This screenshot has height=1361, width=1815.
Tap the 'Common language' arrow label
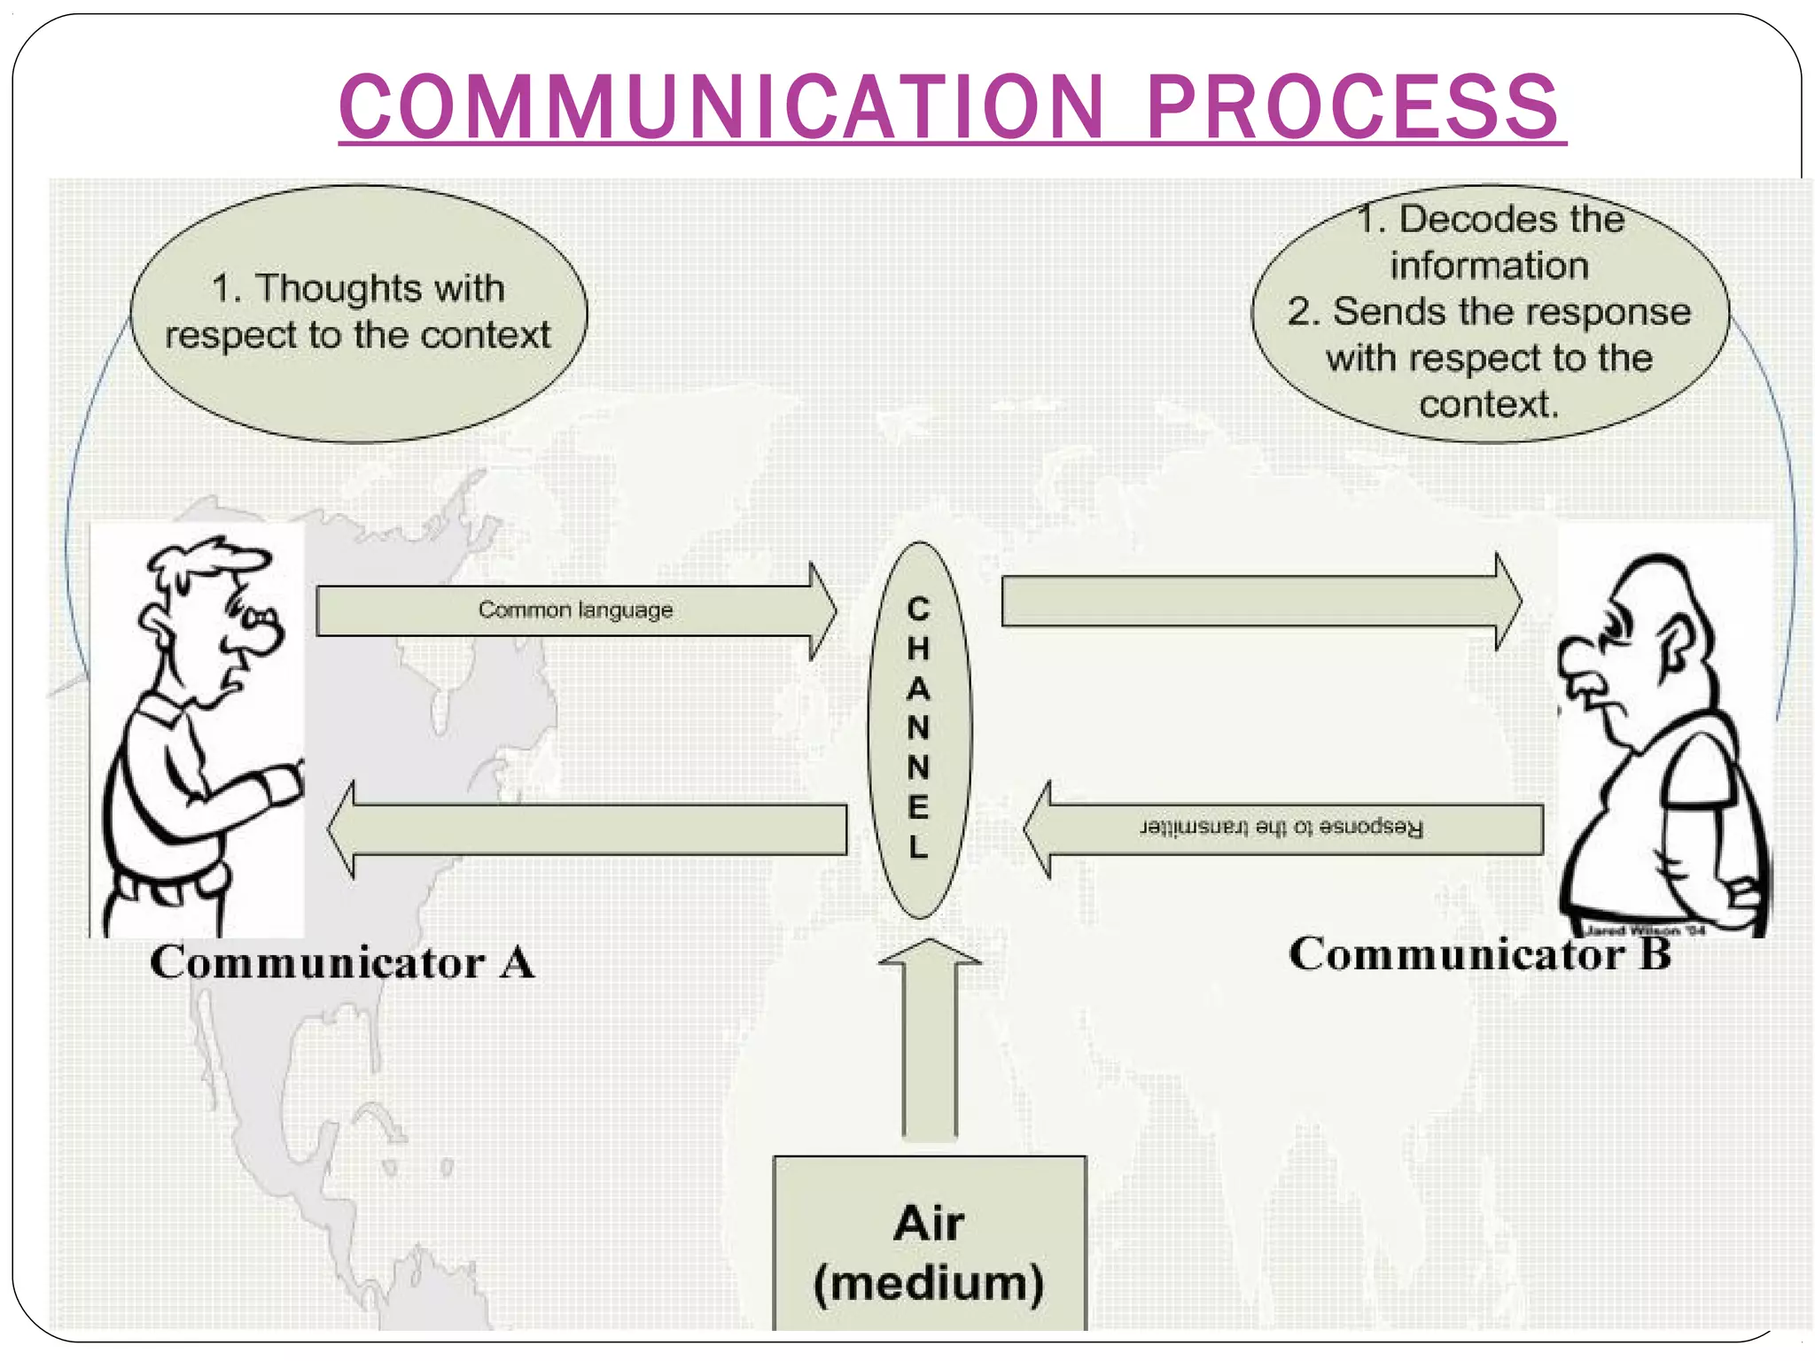pos(575,611)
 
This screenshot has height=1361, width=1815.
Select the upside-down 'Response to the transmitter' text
pos(1281,828)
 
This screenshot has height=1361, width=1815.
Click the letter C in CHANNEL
pos(918,610)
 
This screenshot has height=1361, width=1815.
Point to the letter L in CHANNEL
pos(918,847)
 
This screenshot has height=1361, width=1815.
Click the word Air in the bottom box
pos(928,1224)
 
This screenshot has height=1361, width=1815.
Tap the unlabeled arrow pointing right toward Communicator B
pos(1258,602)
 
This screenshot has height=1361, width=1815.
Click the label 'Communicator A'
pos(342,963)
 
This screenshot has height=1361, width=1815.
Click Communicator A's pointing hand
pos(282,785)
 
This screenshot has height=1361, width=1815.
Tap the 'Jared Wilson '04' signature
pos(1645,931)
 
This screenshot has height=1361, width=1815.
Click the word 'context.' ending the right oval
pos(1488,405)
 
